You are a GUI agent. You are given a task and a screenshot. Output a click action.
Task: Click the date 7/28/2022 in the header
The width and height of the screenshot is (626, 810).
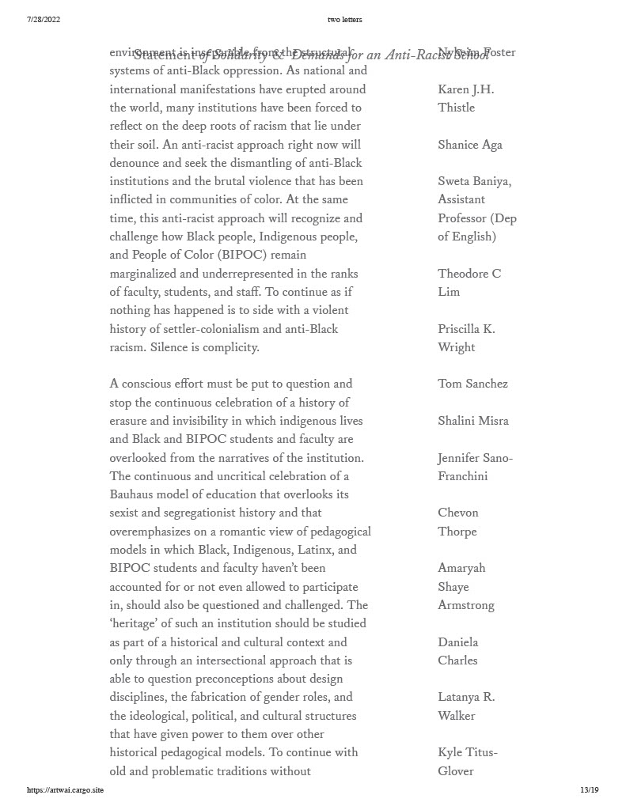click(x=44, y=19)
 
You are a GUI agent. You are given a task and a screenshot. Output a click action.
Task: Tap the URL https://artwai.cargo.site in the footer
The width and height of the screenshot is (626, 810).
click(x=65, y=789)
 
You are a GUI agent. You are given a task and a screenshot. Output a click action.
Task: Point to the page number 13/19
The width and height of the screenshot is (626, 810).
click(x=589, y=789)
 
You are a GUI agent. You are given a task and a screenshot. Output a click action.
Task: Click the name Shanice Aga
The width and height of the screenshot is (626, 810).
click(x=470, y=145)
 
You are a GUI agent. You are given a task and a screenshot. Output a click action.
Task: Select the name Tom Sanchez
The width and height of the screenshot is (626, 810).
click(x=472, y=384)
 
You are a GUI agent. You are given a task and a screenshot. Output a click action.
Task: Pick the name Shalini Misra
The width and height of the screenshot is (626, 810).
click(x=472, y=421)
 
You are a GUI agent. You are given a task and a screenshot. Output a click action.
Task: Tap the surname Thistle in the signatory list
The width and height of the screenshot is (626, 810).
click(x=457, y=108)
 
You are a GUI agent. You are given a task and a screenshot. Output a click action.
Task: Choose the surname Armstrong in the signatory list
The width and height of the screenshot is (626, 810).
click(x=466, y=605)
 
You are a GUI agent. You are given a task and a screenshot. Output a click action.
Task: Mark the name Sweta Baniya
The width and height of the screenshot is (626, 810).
click(x=474, y=181)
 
